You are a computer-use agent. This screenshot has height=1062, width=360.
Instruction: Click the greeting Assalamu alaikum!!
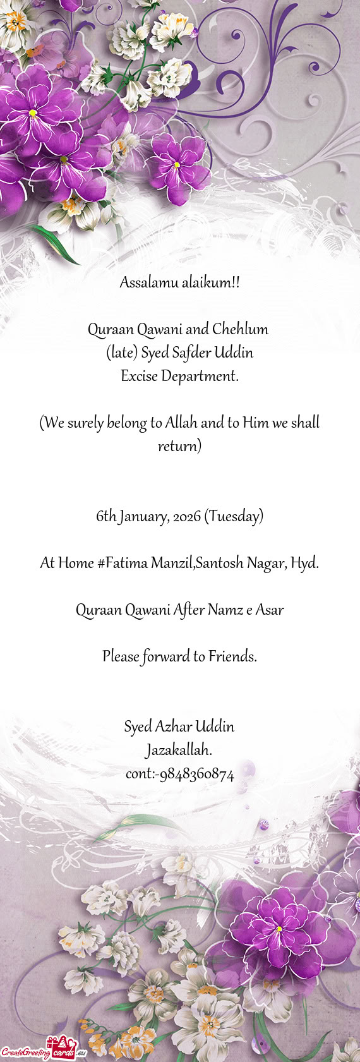tap(179, 282)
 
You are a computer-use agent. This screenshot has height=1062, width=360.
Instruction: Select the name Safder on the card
tap(191, 353)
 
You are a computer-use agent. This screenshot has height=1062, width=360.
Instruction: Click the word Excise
tap(138, 376)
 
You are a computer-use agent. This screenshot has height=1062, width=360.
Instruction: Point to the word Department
tap(200, 377)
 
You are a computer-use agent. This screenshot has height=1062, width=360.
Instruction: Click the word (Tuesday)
tap(234, 516)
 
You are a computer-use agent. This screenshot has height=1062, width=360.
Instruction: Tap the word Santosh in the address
tap(219, 562)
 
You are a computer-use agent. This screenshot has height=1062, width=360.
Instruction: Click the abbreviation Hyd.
tap(304, 562)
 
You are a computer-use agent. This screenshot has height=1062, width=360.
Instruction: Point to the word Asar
tap(270, 610)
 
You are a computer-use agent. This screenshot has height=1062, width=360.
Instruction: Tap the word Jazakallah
tap(179, 751)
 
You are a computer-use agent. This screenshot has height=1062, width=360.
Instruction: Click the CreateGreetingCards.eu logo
tap(43, 1051)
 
